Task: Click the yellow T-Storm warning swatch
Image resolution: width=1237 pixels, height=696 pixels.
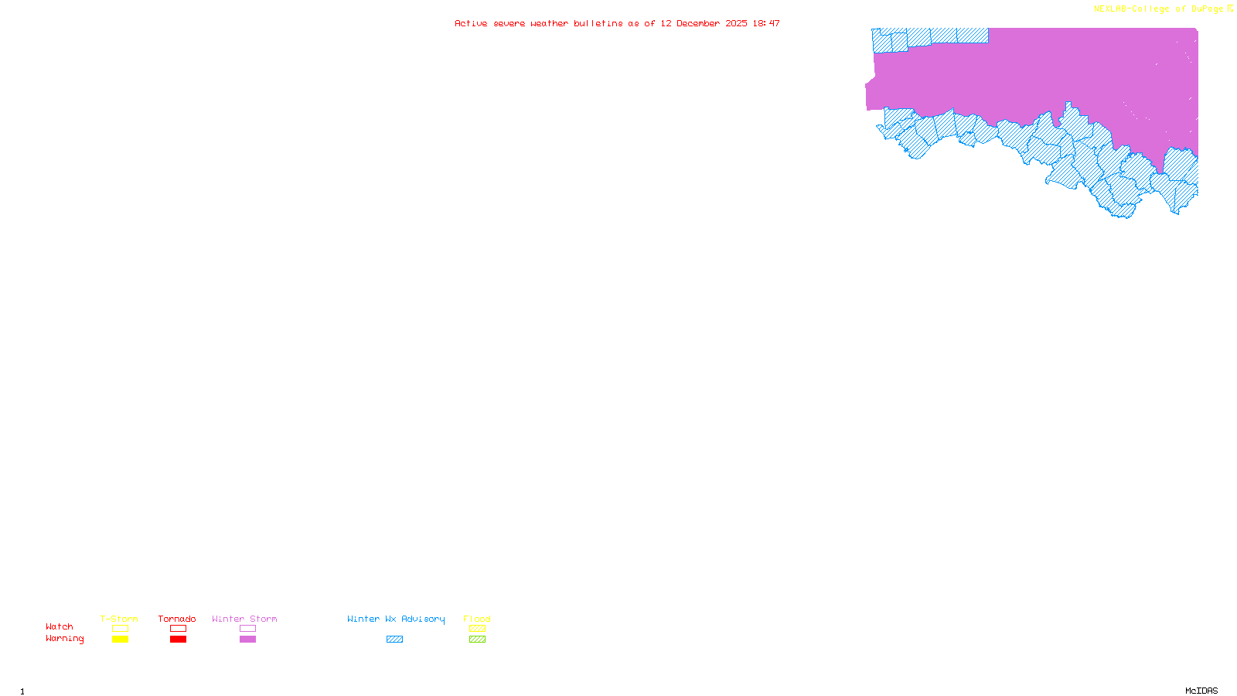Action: tap(120, 640)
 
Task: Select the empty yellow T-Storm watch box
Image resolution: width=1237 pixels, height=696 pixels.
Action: tap(120, 629)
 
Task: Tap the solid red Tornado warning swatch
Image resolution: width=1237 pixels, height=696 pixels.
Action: tap(178, 640)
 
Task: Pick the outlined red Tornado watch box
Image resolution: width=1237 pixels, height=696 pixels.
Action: tap(178, 629)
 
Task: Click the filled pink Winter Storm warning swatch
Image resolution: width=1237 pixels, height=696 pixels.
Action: tap(247, 640)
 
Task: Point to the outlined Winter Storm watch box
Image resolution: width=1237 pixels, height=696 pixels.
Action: tap(247, 629)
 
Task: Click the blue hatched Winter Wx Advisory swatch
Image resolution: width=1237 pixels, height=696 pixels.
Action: tap(394, 640)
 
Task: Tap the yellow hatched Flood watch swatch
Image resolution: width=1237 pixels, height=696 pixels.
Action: tap(477, 629)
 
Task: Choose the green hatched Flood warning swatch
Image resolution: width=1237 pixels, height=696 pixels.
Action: tap(477, 640)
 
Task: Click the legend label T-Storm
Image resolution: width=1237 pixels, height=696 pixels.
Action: tap(119, 619)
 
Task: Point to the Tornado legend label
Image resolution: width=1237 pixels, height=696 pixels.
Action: tap(177, 619)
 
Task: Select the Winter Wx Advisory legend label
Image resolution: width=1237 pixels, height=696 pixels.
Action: tap(396, 619)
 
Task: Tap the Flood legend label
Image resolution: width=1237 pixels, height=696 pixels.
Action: tap(477, 619)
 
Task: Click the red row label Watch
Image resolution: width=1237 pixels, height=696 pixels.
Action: tap(60, 626)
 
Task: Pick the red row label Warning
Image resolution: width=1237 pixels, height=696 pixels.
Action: tap(65, 639)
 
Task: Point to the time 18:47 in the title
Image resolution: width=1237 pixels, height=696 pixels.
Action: tap(766, 23)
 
